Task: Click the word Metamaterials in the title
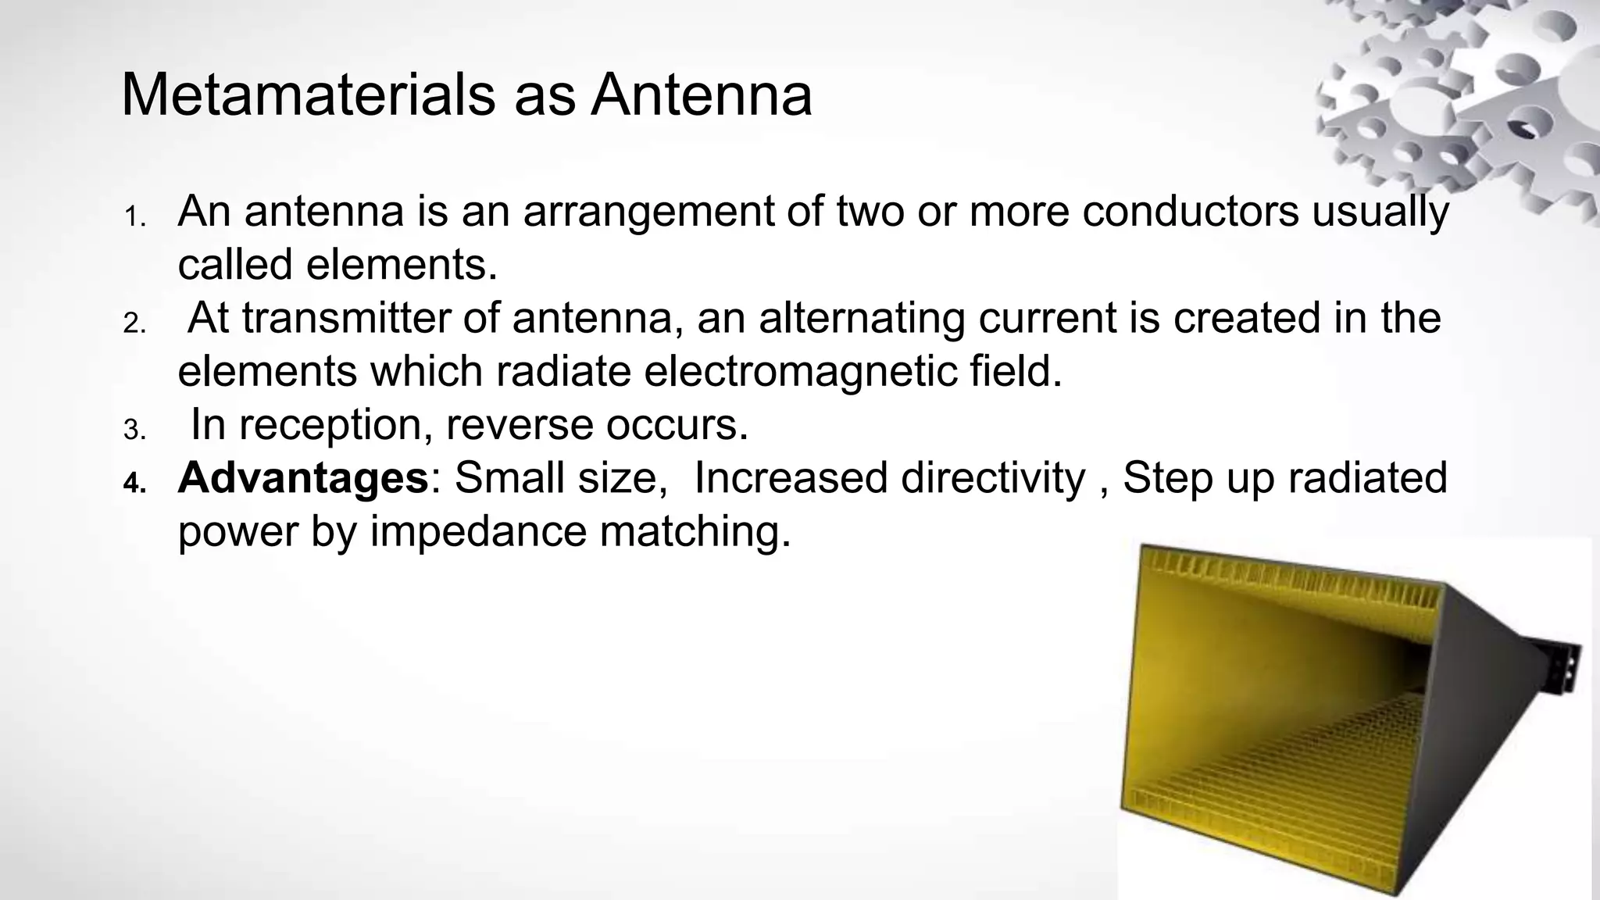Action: [308, 95]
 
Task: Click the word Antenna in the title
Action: [701, 95]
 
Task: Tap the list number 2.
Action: [134, 323]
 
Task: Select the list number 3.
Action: [134, 430]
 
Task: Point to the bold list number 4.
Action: [134, 484]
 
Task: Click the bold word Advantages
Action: [303, 478]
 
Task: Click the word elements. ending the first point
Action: [402, 264]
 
